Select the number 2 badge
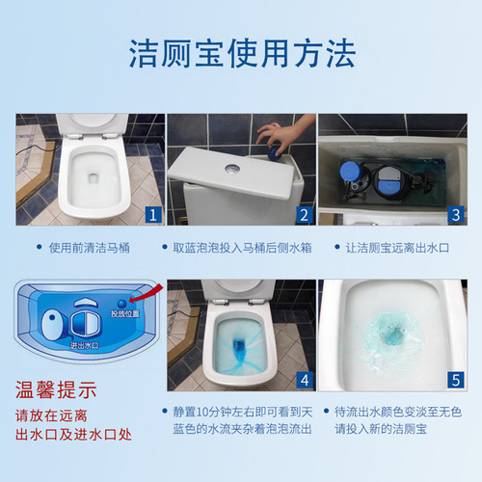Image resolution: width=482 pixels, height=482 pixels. pos(302,214)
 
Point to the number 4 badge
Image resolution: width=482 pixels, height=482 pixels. pos(302,380)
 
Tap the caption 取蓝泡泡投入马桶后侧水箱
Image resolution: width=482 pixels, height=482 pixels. pos(241,248)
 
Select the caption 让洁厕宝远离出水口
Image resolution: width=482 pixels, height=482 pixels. pos(397,248)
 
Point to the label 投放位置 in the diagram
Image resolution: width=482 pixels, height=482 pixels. pos(124,313)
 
